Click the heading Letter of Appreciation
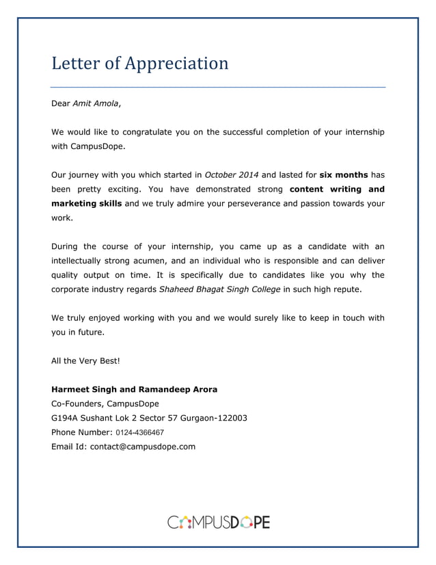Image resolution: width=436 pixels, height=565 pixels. pos(140,64)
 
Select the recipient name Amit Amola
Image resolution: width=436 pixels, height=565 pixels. pos(96,103)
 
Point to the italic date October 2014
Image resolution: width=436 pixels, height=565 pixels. pos(232,174)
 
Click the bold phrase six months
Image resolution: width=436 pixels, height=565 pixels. pos(344,174)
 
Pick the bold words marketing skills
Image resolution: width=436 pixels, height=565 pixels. pos(87,203)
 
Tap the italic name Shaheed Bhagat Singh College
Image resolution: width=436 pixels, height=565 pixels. pos(219,289)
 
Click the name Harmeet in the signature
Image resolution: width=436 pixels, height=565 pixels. pos(72,389)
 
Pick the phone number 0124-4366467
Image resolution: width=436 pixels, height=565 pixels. pos(139,432)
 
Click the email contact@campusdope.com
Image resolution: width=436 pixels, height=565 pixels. pos(143,447)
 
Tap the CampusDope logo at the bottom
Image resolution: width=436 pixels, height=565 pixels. pos(218,523)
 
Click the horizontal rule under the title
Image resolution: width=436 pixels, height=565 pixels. pos(218,88)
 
